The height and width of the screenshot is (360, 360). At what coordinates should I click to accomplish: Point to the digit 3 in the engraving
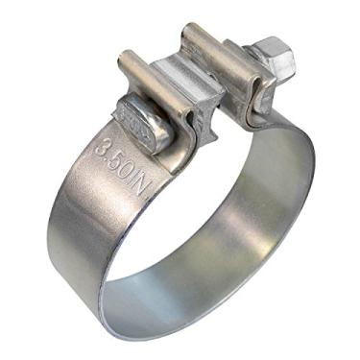click(x=103, y=147)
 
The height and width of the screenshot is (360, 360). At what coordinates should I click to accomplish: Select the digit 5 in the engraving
click(x=117, y=161)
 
